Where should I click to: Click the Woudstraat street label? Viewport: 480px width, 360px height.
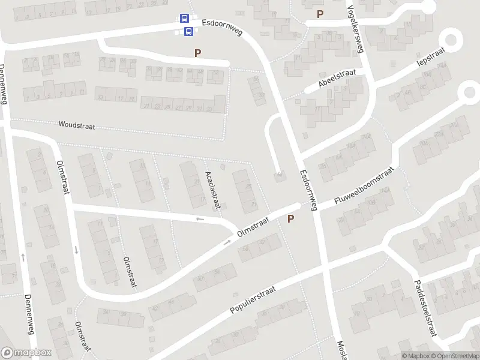click(x=77, y=125)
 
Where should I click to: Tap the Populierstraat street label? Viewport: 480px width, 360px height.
click(x=253, y=300)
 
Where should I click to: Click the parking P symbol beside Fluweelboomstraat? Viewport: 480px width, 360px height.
click(x=291, y=219)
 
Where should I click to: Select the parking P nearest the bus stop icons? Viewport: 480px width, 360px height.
click(x=197, y=53)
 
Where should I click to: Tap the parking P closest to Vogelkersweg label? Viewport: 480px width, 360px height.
click(x=320, y=14)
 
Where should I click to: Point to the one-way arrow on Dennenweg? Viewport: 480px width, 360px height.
click(x=23, y=256)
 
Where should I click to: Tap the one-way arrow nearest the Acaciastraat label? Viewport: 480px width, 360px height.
click(x=200, y=219)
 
